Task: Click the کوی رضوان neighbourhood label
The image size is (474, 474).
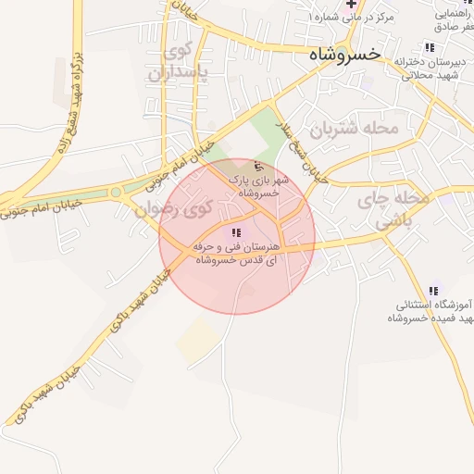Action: pos(173,209)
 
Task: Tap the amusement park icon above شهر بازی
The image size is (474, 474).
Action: pos(257,166)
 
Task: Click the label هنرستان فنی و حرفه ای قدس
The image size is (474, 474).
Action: pos(236,255)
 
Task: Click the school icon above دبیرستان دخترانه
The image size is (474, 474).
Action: pos(428,47)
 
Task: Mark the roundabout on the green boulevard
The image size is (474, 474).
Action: pos(116,193)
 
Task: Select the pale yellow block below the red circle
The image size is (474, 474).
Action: pos(197,341)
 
